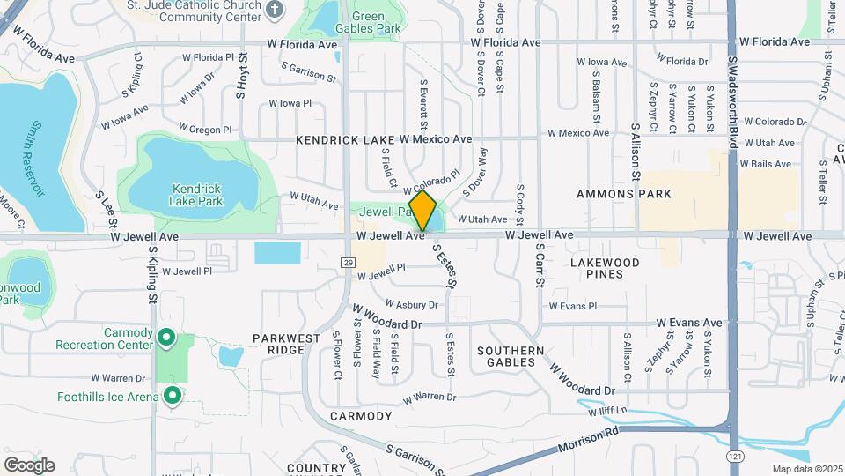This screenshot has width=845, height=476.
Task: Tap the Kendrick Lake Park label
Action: [x=195, y=195]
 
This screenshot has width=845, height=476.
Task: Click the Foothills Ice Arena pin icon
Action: [x=173, y=396]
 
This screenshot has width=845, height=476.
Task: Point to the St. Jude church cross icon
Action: [x=275, y=10]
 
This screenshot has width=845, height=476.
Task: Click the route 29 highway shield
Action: [x=348, y=263]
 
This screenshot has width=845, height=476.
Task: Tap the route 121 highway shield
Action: [x=732, y=457]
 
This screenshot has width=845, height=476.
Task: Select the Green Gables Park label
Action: [x=368, y=22]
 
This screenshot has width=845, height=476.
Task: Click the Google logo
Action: [x=29, y=465]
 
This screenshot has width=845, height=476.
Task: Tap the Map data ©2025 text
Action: [x=806, y=469]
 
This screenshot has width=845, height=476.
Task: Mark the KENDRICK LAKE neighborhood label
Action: [x=345, y=140]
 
